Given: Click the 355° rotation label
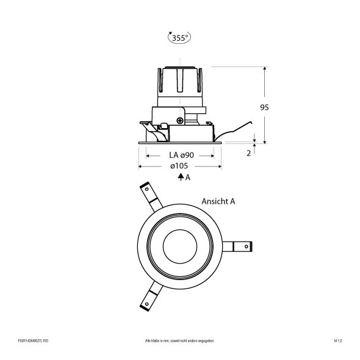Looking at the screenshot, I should [x=179, y=38].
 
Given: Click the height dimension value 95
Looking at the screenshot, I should [x=264, y=107].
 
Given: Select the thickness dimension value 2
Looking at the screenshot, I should [x=249, y=153].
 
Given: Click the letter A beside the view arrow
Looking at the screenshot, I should [x=188, y=178].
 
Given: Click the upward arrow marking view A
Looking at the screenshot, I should [x=181, y=178].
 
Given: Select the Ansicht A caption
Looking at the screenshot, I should [x=218, y=201].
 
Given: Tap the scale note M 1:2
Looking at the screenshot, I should [x=337, y=340].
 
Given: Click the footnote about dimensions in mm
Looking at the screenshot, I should [x=179, y=340].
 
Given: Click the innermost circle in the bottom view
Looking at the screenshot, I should [x=180, y=247].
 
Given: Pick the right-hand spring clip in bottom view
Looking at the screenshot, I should [x=239, y=247].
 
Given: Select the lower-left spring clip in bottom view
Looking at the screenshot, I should [x=148, y=299].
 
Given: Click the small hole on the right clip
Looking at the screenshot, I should [x=246, y=247].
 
